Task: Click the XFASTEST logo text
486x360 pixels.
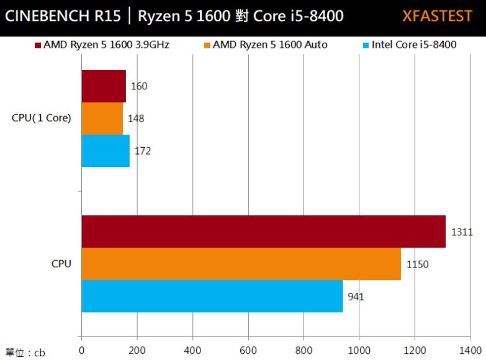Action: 437,16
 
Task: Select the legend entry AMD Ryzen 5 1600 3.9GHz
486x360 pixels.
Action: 102,45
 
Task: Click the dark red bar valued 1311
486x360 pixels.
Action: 263,232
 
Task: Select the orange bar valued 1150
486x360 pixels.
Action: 241,264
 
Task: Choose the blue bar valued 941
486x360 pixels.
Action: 212,296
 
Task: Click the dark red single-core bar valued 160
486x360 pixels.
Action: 104,86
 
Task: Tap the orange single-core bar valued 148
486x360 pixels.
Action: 102,119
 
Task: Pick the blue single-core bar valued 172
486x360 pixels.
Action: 106,151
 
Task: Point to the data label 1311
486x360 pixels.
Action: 462,232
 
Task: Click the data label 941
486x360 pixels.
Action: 356,297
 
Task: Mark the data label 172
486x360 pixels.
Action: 143,151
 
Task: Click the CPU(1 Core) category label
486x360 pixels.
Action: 42,118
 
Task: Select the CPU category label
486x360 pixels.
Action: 61,264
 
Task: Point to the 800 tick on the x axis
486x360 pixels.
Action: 303,349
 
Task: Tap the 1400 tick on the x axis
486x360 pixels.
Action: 469,349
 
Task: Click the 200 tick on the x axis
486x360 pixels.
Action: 137,349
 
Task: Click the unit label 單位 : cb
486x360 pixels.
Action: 25,353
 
